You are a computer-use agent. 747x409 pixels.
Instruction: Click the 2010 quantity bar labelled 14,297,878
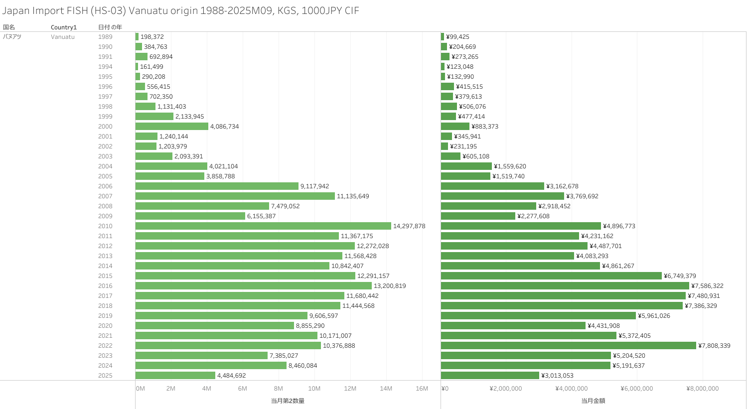pos(263,226)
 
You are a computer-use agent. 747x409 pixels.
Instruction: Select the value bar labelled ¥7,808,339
pos(568,346)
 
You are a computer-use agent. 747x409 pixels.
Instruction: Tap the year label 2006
pos(105,186)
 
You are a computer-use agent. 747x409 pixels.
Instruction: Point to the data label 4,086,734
pos(224,127)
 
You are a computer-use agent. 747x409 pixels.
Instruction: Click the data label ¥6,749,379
pos(680,276)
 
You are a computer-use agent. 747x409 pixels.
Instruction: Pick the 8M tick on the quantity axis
pos(278,389)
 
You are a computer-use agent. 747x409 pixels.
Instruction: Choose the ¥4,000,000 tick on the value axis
pos(571,389)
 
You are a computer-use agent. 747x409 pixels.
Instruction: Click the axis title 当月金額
pos(593,401)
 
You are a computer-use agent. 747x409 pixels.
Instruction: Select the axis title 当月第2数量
pos(288,401)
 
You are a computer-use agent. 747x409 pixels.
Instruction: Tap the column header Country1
pos(64,27)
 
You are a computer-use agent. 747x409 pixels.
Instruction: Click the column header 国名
pos(9,27)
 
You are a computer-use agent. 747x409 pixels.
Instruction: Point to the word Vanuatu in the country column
pos(63,37)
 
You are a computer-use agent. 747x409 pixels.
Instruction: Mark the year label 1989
pos(105,37)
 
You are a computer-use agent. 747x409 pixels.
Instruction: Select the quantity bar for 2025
pos(175,376)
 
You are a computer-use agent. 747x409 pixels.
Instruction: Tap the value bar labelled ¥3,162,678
pos(492,186)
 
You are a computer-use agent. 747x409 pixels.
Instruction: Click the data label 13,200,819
pos(390,286)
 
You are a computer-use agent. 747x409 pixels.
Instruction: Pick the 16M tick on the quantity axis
pos(422,389)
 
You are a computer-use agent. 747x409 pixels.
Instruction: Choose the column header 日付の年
pos(110,27)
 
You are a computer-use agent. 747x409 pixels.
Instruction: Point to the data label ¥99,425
pos(457,37)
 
